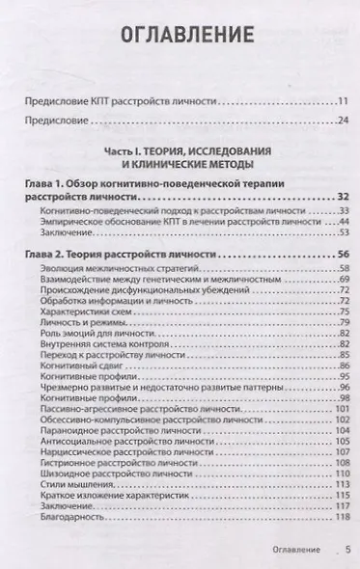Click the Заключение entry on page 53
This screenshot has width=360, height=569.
[x=68, y=232]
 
